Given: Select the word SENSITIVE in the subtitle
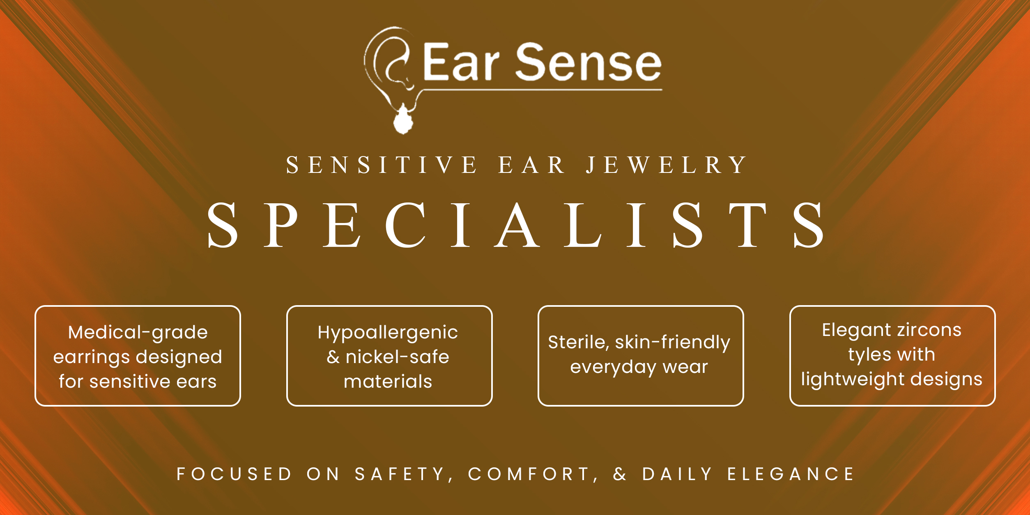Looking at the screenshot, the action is pyautogui.click(x=382, y=165).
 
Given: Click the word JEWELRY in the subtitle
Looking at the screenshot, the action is pyautogui.click(x=666, y=165).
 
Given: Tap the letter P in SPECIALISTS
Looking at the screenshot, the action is pyautogui.click(x=281, y=225).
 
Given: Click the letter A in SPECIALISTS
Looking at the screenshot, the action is pyautogui.click(x=517, y=225).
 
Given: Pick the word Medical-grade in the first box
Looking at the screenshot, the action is pyautogui.click(x=138, y=333).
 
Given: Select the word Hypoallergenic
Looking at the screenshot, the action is pyautogui.click(x=388, y=333).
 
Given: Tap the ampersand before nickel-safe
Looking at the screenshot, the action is pyautogui.click(x=333, y=357).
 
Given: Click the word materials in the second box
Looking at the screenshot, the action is pyautogui.click(x=388, y=382).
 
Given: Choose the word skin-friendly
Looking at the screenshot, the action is pyautogui.click(x=673, y=343).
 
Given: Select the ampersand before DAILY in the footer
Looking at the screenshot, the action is pyautogui.click(x=620, y=474).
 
